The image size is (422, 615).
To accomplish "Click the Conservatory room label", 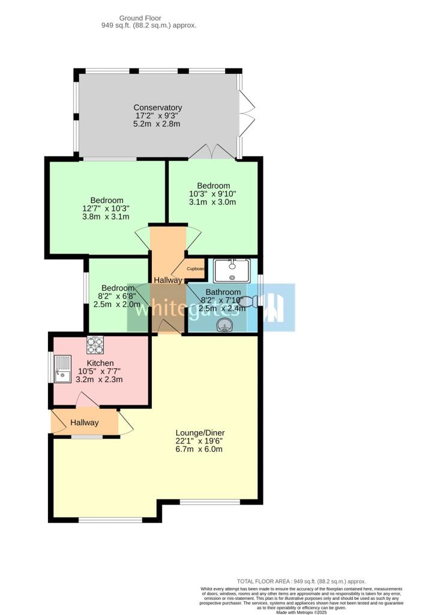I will click(x=157, y=108).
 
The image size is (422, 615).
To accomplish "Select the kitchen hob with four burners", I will click(x=95, y=345).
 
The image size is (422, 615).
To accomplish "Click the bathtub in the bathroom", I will click(x=232, y=271).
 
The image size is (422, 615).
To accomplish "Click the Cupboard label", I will click(x=196, y=268).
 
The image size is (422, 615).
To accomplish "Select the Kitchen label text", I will click(x=100, y=363).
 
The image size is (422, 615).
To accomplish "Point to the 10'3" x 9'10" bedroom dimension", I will click(x=213, y=194).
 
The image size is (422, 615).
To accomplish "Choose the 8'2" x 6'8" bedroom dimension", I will click(x=118, y=295).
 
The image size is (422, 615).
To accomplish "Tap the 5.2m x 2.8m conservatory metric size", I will click(x=157, y=124).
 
